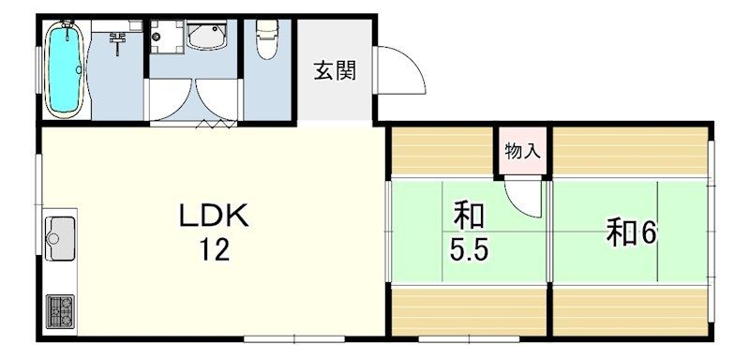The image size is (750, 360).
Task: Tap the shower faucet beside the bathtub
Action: pyautogui.click(x=117, y=39)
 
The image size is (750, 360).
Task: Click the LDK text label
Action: pyautogui.click(x=214, y=217)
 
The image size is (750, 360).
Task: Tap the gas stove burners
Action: pyautogui.click(x=60, y=310)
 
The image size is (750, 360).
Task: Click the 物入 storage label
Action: pyautogui.click(x=522, y=150)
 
